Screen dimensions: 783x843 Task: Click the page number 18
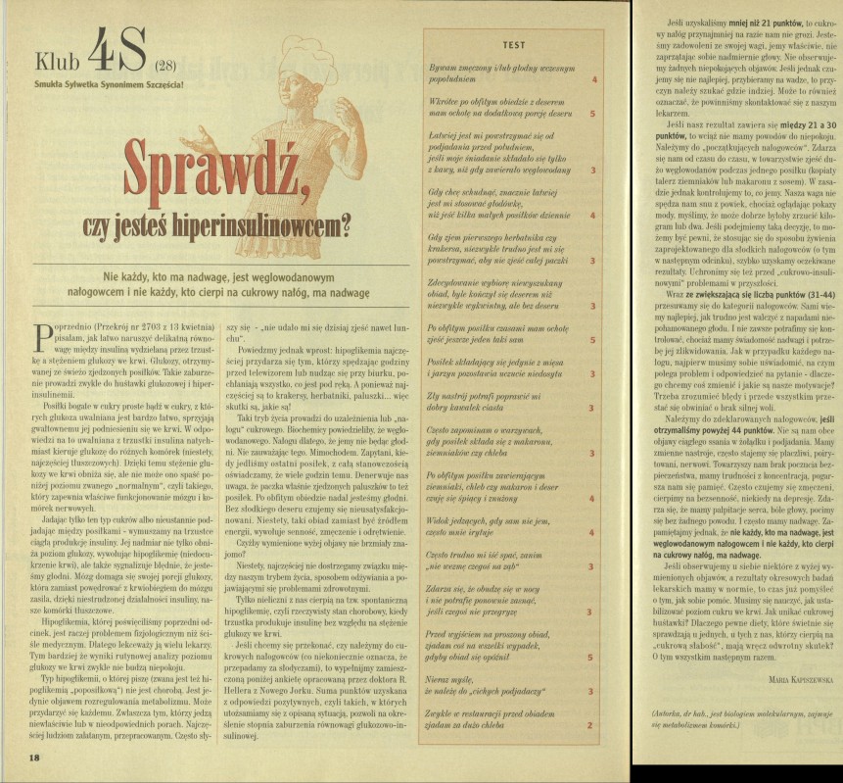pyautogui.click(x=34, y=758)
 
